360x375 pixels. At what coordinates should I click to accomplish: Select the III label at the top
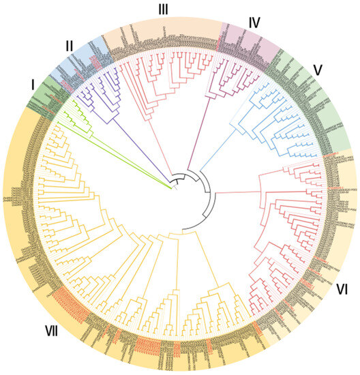[162, 9]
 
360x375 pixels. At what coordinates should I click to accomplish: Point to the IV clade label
[254, 22]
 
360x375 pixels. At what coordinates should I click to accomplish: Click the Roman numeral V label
[316, 69]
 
